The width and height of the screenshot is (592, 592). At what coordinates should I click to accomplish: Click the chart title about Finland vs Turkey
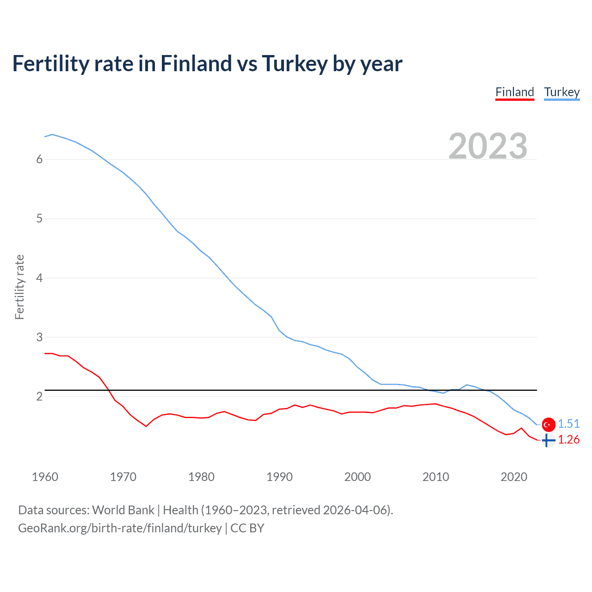pyautogui.click(x=207, y=63)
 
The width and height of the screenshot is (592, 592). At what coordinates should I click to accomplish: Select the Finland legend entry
pyautogui.click(x=514, y=92)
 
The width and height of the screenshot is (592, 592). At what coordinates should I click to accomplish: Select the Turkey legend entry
pyautogui.click(x=561, y=92)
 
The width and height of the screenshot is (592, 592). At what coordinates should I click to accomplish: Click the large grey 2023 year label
pyautogui.click(x=487, y=146)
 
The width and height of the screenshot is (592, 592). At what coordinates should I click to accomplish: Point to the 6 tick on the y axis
pyautogui.click(x=39, y=160)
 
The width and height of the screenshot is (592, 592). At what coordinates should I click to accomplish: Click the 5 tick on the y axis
pyautogui.click(x=39, y=219)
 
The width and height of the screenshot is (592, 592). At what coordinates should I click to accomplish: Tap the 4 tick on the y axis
pyautogui.click(x=39, y=278)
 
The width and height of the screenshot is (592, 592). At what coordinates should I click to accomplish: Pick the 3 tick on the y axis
pyautogui.click(x=39, y=337)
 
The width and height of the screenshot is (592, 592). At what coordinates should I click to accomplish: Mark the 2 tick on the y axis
pyautogui.click(x=39, y=396)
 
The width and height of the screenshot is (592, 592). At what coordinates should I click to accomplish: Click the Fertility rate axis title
pyautogui.click(x=19, y=287)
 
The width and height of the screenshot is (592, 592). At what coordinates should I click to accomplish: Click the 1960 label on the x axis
pyautogui.click(x=45, y=477)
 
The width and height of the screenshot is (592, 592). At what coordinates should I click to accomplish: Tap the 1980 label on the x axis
pyautogui.click(x=201, y=477)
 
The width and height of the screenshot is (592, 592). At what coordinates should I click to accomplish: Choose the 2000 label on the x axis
pyautogui.click(x=358, y=477)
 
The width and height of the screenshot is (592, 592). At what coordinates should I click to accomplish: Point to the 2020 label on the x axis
pyautogui.click(x=514, y=477)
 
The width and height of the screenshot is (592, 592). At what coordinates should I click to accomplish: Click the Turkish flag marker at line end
pyautogui.click(x=549, y=424)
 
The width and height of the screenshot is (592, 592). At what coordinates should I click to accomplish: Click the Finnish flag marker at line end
pyautogui.click(x=548, y=440)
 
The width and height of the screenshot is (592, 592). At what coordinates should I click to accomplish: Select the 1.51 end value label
pyautogui.click(x=568, y=424)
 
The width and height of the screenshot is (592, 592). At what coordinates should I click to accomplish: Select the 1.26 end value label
pyautogui.click(x=568, y=439)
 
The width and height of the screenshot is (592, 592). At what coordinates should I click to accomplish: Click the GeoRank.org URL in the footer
pyautogui.click(x=120, y=528)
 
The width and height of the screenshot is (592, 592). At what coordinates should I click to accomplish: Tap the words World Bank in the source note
pyautogui.click(x=123, y=510)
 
